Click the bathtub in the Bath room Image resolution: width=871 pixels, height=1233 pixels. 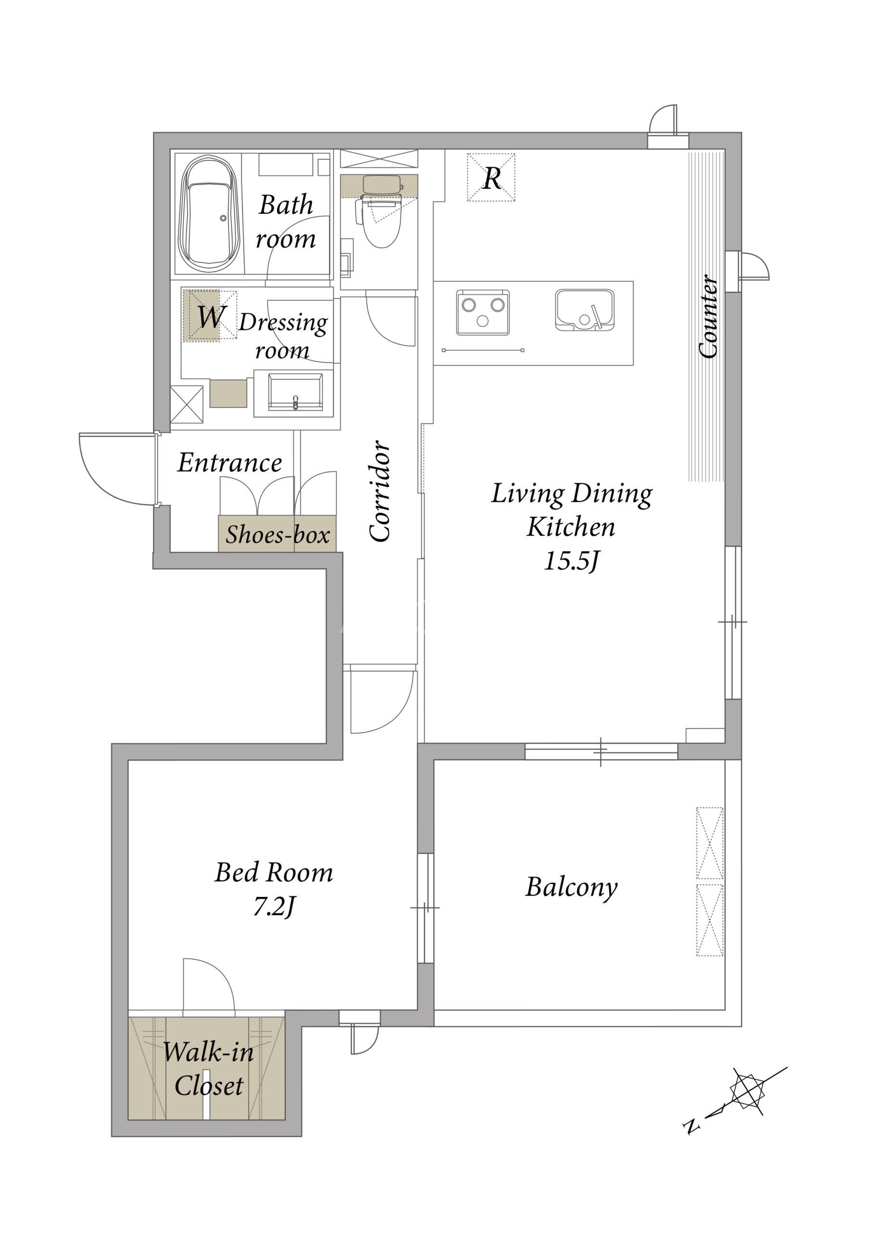pos(210,213)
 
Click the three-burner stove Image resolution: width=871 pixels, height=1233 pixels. pos(483,312)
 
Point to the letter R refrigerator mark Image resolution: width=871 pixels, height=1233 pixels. pos(492,178)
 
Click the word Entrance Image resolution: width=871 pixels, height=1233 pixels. pos(230,462)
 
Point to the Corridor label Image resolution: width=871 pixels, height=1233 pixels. pos(380,491)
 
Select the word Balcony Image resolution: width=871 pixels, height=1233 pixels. pos(571,887)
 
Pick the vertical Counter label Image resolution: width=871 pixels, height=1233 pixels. pos(708,316)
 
